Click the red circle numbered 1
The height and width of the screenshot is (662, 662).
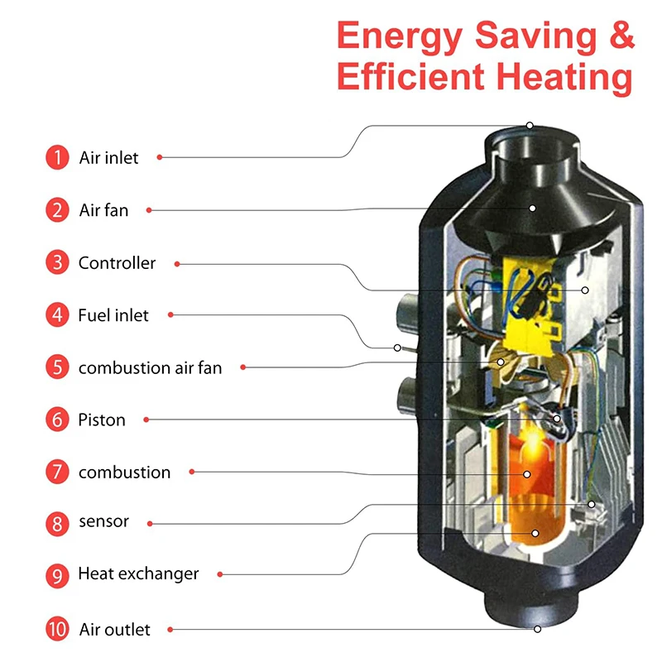57,157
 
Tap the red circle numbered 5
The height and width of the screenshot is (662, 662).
57,367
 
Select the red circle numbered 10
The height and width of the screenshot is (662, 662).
57,629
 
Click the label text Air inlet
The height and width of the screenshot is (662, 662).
108,157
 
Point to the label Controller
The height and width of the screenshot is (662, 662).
117,263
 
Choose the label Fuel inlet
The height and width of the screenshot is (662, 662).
113,315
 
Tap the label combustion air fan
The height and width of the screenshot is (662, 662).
150,367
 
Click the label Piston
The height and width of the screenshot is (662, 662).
102,420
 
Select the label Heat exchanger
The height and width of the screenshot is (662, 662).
138,573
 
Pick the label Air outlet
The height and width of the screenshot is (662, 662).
115,630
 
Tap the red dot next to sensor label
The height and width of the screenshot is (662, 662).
150,522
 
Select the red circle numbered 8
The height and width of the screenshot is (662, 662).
57,524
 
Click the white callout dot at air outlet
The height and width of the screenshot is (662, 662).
537,629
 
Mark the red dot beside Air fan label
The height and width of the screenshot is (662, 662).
149,210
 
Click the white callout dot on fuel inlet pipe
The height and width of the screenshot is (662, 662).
397,348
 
